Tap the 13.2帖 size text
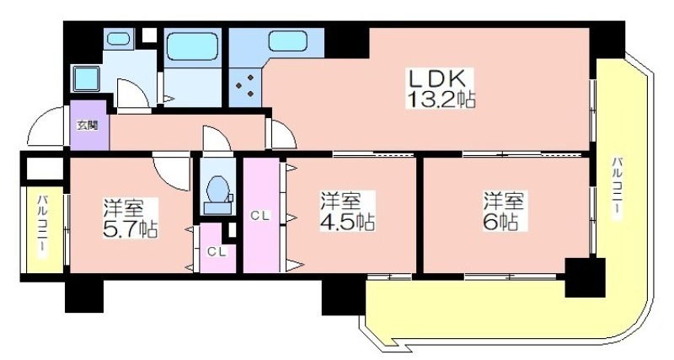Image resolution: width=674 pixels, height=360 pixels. (x=441, y=99)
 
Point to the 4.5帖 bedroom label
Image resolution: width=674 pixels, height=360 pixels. (x=347, y=211)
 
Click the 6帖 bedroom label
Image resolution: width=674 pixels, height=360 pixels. (x=504, y=211)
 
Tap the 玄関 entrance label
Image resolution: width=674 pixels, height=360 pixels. (x=88, y=125)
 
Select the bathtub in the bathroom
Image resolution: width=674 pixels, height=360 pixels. (x=192, y=46)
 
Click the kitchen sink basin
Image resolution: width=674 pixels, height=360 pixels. (x=286, y=41)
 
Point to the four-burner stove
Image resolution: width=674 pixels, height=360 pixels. (x=244, y=86)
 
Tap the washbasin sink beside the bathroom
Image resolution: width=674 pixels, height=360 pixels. (x=118, y=39)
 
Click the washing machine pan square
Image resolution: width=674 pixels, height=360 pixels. (x=86, y=78)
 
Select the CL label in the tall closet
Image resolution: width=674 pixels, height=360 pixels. (x=260, y=217)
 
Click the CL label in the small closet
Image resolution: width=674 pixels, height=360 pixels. (x=217, y=252)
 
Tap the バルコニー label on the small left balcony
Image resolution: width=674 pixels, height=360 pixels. (x=43, y=227)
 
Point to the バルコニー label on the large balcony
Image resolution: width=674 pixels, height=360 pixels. (x=618, y=189)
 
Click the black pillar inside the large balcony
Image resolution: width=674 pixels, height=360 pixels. (x=585, y=277)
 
